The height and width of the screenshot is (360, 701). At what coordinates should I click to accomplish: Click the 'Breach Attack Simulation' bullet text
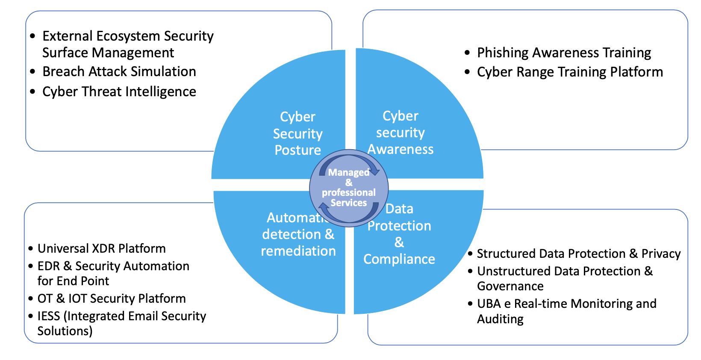point(119,71)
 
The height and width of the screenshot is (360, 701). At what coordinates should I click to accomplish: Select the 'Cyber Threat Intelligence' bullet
point(119,91)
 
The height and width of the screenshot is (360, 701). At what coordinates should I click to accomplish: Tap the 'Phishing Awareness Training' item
point(564,53)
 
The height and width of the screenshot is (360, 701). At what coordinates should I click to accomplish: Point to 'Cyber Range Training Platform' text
point(570,72)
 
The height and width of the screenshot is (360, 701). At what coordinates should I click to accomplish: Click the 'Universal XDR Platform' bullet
point(101,248)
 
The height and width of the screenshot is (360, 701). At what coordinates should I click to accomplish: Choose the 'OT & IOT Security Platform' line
point(112,298)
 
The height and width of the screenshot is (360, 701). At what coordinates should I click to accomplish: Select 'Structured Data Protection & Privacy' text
point(578,254)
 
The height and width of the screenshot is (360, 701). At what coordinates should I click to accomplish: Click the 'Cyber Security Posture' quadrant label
point(297,133)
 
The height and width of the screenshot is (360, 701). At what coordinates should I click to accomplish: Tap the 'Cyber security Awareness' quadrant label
point(401,133)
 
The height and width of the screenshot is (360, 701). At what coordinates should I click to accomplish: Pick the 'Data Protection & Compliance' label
point(399,234)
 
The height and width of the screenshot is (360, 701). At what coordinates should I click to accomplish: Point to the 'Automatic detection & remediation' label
point(298,234)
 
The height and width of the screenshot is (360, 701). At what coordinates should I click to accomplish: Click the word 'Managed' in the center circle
point(348,173)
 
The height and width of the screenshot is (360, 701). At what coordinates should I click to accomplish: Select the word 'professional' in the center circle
point(349,192)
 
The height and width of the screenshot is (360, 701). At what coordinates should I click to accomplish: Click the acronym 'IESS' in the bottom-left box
point(49,316)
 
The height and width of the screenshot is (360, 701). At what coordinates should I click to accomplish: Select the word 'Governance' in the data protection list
point(510,286)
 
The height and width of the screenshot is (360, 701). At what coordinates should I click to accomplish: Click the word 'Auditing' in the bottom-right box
point(500,319)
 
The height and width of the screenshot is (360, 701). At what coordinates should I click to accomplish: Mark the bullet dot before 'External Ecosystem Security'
point(33,36)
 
